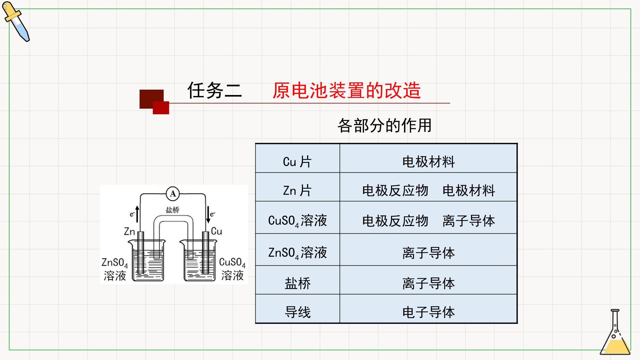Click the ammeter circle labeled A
click(x=173, y=194)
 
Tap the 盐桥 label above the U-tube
click(x=172, y=210)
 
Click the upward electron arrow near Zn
click(x=137, y=214)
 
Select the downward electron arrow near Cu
click(x=208, y=215)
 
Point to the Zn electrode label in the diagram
click(x=129, y=231)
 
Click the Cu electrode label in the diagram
click(x=217, y=231)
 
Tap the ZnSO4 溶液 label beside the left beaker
click(x=115, y=269)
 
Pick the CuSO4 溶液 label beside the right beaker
click(x=232, y=269)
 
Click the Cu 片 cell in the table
click(x=297, y=162)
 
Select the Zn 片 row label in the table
click(x=297, y=190)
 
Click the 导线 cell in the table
click(x=298, y=312)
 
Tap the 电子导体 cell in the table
click(x=429, y=312)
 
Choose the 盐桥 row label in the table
click(x=298, y=283)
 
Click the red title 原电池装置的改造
click(x=347, y=90)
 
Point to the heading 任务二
click(x=215, y=90)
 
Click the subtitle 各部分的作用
click(x=385, y=125)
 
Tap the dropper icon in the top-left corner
click(x=16, y=22)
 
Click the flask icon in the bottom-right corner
click(x=615, y=332)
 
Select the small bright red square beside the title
click(x=161, y=108)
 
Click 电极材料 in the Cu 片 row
click(x=429, y=162)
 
